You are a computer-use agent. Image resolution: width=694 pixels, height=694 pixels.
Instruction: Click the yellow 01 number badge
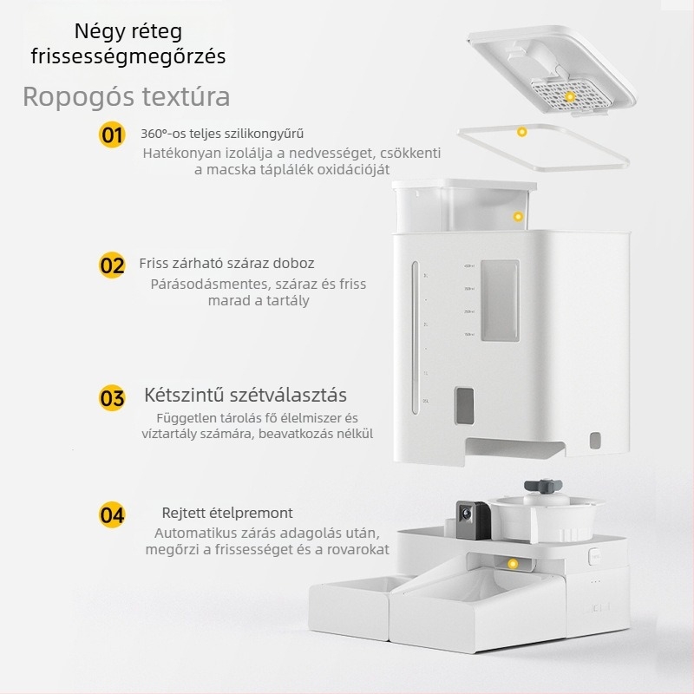click(112, 134)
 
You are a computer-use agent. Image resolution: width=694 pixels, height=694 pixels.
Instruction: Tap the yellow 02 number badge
click(112, 265)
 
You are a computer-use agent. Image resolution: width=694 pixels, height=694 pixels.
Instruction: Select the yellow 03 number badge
click(112, 397)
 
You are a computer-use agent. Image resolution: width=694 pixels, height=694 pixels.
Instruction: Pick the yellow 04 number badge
click(112, 514)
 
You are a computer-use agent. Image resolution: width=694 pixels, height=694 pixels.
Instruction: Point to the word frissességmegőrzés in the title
click(128, 57)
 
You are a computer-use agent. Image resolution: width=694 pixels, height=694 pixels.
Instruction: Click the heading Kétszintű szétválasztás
click(246, 395)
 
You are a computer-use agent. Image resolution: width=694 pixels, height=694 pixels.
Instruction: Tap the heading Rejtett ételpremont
click(227, 513)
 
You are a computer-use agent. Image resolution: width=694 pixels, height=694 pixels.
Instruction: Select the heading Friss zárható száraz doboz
click(226, 264)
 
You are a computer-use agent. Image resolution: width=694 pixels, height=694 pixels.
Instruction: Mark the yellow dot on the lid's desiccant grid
click(570, 96)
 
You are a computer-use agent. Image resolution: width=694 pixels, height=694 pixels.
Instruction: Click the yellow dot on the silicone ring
click(522, 132)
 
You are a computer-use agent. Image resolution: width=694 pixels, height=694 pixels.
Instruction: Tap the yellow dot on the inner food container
click(518, 216)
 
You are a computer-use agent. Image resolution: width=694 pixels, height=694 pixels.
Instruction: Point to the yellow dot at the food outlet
click(513, 564)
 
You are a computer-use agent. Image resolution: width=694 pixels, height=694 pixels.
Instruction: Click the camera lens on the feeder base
click(466, 514)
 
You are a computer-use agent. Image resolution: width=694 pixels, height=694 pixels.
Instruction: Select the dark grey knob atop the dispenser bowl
click(543, 486)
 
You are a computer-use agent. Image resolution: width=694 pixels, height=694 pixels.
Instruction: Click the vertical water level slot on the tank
click(416, 337)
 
